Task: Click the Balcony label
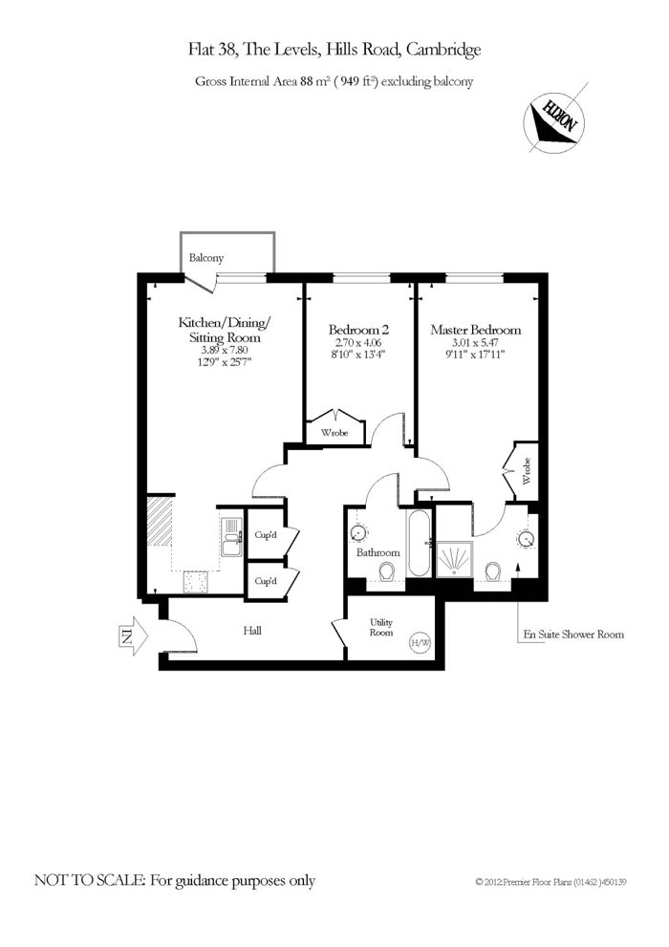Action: point(205,258)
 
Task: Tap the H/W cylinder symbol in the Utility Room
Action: point(421,642)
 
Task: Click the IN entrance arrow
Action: point(133,635)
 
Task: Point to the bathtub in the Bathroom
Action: point(419,544)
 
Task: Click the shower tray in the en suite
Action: point(455,559)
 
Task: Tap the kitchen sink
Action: point(231,537)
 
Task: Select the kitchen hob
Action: point(196,582)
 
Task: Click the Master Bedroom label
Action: point(476,330)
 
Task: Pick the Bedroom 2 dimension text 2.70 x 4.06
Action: point(358,342)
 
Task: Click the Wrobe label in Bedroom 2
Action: point(334,433)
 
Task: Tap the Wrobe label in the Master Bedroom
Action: point(527,472)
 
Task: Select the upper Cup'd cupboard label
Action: point(266,535)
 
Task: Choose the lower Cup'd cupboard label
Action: point(266,581)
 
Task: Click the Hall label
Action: point(252,631)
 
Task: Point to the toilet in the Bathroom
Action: point(386,570)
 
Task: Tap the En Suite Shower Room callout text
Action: point(573,635)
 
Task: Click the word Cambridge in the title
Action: point(443,50)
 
